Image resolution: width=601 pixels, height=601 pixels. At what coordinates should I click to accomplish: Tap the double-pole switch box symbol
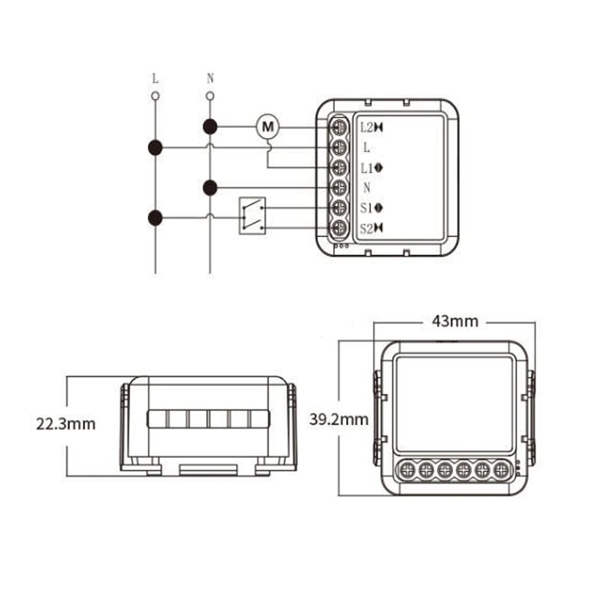pos(252,216)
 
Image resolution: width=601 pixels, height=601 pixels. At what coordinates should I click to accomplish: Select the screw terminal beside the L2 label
pos(340,127)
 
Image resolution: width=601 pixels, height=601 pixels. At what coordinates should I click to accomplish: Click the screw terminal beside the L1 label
pos(340,168)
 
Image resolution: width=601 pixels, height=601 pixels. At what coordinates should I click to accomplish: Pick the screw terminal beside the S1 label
pos(340,208)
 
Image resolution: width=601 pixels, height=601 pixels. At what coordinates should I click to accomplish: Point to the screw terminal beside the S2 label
pos(340,228)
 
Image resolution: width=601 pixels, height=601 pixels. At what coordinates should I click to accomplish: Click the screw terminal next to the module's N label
pos(340,187)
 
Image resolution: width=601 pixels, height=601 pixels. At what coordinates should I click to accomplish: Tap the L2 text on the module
pos(366,127)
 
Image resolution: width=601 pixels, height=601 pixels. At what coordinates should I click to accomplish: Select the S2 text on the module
pos(366,228)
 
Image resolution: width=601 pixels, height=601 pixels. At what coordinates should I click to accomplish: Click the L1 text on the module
pos(366,168)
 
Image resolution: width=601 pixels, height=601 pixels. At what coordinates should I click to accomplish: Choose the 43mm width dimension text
pos(455,322)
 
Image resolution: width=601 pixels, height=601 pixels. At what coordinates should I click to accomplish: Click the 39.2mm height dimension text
pos(339,419)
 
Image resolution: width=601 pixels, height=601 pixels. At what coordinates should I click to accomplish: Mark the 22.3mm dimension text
pos(65,424)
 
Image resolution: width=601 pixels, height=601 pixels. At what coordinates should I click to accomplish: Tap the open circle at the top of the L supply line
pos(156,96)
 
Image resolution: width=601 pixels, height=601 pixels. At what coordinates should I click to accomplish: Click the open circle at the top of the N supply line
pos(210,96)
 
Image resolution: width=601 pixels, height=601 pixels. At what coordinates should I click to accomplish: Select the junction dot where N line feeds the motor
pos(210,127)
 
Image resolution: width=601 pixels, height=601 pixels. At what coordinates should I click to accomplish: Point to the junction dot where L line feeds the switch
pos(156,217)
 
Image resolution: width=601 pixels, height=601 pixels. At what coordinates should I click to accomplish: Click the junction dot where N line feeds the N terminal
pos(210,188)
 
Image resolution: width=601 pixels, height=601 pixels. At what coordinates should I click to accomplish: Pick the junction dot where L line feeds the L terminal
pos(156,147)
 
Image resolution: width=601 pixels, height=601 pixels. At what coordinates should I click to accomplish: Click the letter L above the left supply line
pos(156,79)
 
